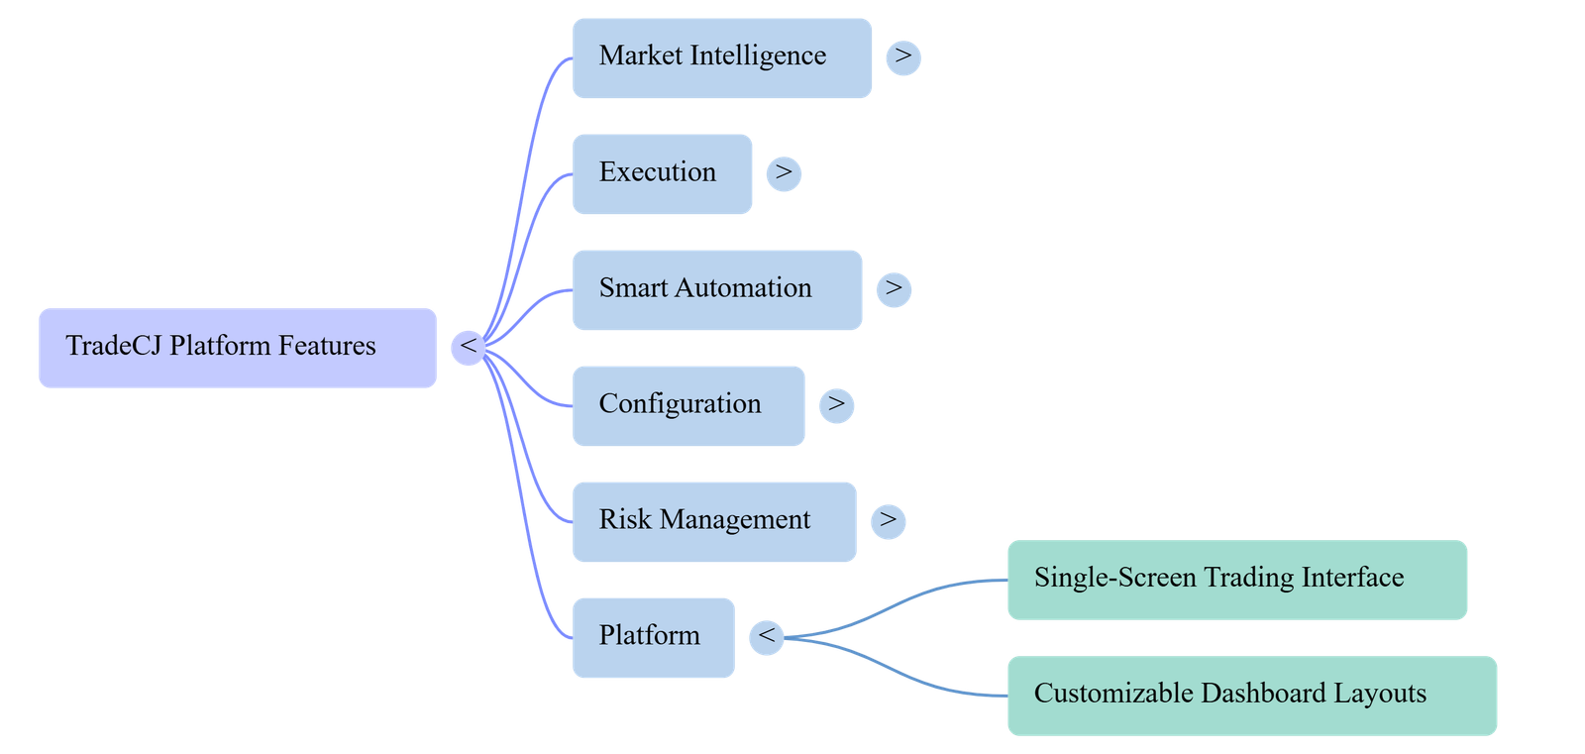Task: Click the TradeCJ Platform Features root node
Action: pos(238,348)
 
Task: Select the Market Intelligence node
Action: pos(722,58)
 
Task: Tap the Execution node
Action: pos(663,174)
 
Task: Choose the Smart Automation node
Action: pos(717,290)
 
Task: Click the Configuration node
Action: pos(688,405)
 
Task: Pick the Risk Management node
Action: pos(714,522)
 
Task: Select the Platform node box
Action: pos(654,638)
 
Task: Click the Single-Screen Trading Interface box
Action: pos(1237,580)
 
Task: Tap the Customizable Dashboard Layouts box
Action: pos(1252,696)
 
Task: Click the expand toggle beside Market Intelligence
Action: pos(903,57)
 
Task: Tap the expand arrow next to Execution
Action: pos(784,173)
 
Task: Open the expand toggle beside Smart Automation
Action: pos(894,289)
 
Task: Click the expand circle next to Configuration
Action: pos(836,405)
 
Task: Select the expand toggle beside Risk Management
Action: pos(888,522)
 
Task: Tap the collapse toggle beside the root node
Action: pos(469,348)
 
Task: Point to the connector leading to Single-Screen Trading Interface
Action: pos(896,606)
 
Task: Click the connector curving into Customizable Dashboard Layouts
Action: pos(896,670)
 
